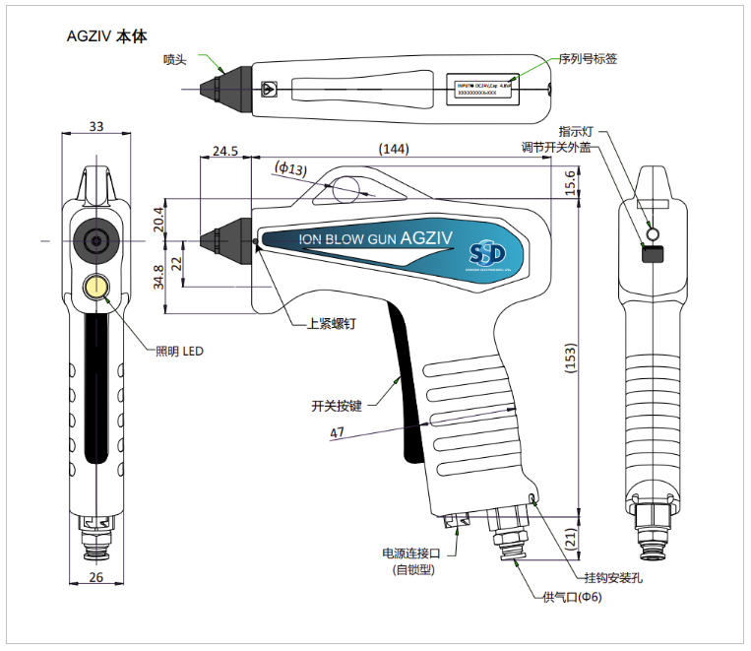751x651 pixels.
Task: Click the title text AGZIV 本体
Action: tap(105, 37)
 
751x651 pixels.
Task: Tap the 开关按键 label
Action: tap(337, 405)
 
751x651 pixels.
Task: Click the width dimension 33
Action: tap(96, 126)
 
